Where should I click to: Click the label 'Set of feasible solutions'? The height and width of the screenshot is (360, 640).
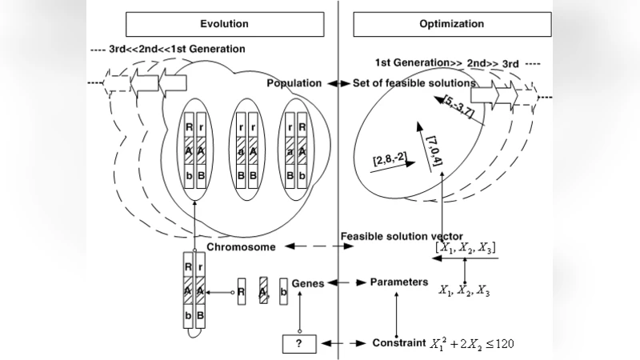tap(414, 83)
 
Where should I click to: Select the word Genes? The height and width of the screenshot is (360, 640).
tap(308, 283)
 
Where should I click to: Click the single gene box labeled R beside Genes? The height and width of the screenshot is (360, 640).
tap(241, 291)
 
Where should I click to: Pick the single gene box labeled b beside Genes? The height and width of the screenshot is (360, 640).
tap(283, 291)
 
